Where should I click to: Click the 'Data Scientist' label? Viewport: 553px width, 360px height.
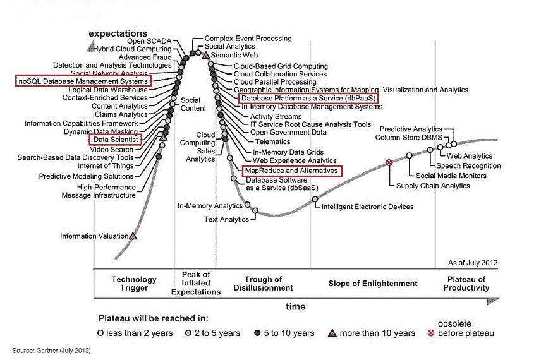[x=115, y=139]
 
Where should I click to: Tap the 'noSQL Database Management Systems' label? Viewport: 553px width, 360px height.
[x=83, y=81]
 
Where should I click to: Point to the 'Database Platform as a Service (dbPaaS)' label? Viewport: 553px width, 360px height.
[x=308, y=99]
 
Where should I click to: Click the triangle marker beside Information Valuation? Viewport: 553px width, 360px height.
[x=133, y=236]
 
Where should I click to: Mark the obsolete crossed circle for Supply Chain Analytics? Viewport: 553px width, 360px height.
[x=389, y=163]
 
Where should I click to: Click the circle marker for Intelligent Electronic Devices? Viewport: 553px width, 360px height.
[x=315, y=200]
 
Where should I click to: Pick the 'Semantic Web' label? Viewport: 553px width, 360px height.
[x=233, y=56]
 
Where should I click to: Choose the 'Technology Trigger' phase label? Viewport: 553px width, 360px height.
[x=133, y=284]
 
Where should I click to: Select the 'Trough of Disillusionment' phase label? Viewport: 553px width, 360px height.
[x=268, y=284]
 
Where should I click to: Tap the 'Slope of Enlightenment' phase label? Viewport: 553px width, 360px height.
[x=373, y=284]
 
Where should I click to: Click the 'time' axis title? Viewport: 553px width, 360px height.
[x=295, y=307]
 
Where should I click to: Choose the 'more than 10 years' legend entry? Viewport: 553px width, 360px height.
[x=378, y=333]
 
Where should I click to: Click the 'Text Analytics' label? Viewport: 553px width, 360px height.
[x=226, y=219]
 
